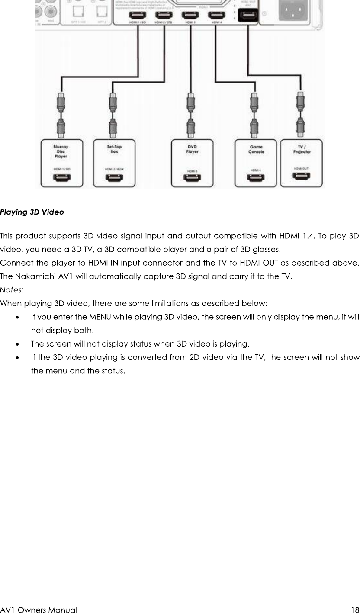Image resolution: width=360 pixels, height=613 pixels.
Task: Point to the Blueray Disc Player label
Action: [x=61, y=151]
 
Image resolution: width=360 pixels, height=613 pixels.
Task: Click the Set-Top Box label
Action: [x=114, y=149]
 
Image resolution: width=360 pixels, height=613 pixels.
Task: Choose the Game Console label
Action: [x=256, y=149]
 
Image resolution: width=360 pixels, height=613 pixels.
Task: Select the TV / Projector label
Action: [x=302, y=149]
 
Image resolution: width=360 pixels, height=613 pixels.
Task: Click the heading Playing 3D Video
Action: [x=32, y=212]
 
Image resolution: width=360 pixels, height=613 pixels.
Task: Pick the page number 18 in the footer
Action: [x=355, y=610]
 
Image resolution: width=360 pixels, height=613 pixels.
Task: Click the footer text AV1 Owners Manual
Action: [x=39, y=610]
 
